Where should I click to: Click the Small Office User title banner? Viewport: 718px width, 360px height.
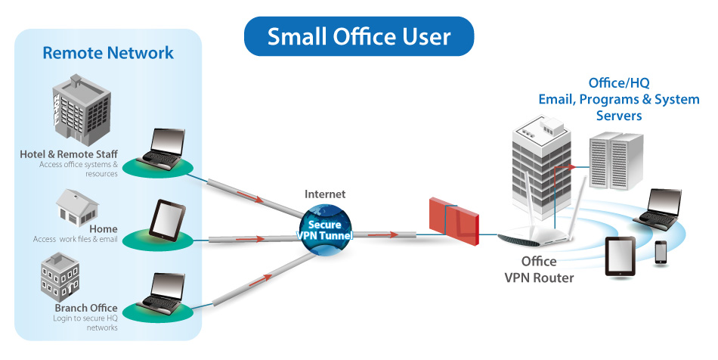(x=358, y=36)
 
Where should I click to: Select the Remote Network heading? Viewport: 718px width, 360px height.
(x=108, y=53)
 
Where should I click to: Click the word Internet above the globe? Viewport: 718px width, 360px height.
(x=325, y=194)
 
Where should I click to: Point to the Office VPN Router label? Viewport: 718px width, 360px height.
(x=539, y=270)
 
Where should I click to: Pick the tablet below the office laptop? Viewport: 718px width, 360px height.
(x=621, y=257)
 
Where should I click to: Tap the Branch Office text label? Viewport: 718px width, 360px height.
(x=85, y=308)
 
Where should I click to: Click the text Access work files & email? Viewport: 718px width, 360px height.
(x=76, y=240)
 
